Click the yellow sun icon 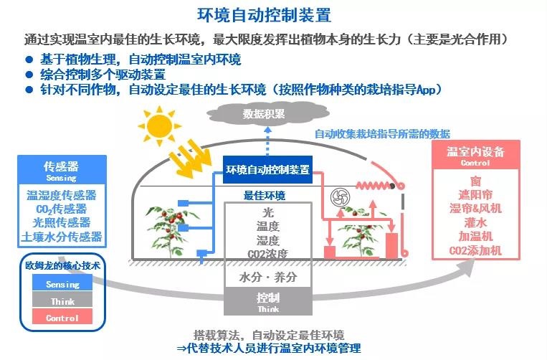[159, 126]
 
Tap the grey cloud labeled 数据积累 [267, 114]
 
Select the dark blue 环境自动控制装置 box [267, 169]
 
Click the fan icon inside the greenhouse [340, 197]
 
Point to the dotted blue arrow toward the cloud [267, 141]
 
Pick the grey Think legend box [62, 300]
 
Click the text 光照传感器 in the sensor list [62, 222]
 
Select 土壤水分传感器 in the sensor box [62, 237]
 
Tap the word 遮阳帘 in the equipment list [475, 195]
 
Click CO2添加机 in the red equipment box [475, 250]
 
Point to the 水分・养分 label [268, 278]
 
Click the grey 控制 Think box [268, 301]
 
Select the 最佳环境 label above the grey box [265, 195]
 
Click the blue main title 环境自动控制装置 [264, 14]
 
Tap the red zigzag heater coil [373, 185]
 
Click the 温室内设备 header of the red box [476, 155]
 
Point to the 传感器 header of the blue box [62, 170]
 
